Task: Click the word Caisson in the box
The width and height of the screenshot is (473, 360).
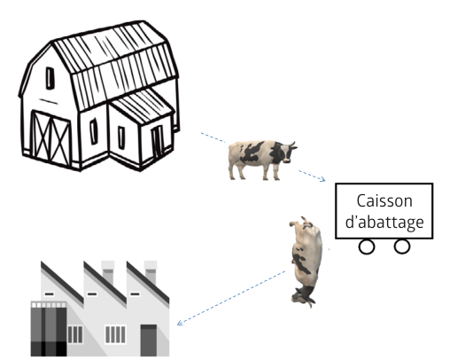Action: (x=384, y=201)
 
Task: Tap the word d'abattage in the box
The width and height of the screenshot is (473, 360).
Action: (x=384, y=222)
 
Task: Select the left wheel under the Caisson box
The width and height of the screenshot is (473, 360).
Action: (x=367, y=247)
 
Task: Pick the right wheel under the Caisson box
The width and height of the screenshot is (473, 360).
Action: (x=402, y=247)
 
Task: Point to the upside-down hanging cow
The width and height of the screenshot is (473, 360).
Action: (x=306, y=262)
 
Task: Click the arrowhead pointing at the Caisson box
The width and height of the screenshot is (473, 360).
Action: (x=322, y=179)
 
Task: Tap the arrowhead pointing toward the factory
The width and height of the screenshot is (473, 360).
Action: (x=180, y=322)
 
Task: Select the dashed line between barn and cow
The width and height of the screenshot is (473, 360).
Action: (x=213, y=137)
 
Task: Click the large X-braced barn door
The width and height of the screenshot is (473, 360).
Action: (x=50, y=138)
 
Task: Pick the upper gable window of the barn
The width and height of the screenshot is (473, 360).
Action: (x=50, y=78)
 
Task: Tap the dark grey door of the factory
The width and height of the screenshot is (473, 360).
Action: (x=149, y=340)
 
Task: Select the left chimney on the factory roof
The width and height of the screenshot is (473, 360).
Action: (x=108, y=272)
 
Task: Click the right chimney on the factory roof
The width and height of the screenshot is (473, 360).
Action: (x=151, y=272)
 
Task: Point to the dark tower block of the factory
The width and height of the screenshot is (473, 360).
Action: (x=49, y=329)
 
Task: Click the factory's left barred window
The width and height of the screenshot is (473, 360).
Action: (x=74, y=334)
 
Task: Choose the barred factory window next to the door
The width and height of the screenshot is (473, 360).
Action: (x=115, y=334)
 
